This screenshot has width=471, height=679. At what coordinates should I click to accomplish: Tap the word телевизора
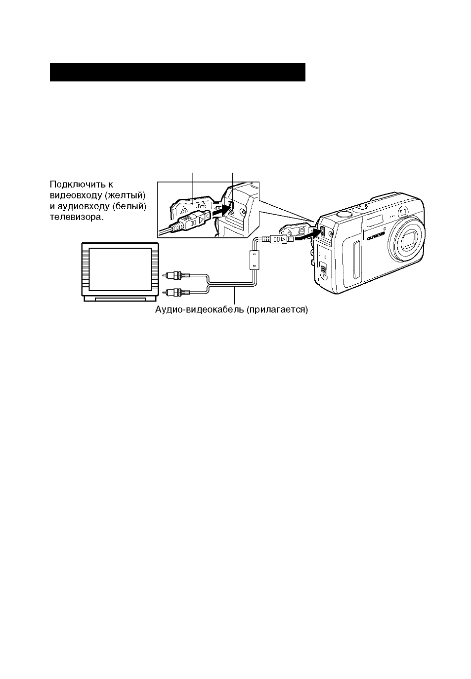click(x=77, y=217)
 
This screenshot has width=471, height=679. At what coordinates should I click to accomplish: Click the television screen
click(x=120, y=269)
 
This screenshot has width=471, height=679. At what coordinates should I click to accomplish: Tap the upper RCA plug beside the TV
click(x=176, y=275)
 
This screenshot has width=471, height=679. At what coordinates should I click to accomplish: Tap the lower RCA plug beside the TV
click(x=176, y=292)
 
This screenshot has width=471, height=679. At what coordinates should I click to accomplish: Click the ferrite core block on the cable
click(x=254, y=260)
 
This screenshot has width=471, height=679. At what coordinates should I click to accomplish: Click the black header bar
click(x=177, y=72)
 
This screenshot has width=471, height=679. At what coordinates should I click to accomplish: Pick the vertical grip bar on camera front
click(x=356, y=260)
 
